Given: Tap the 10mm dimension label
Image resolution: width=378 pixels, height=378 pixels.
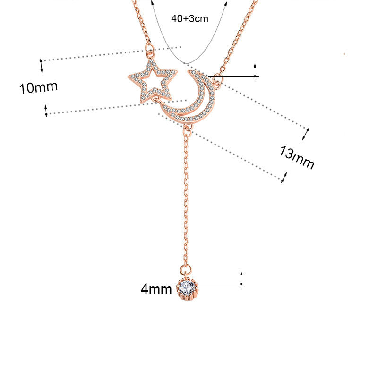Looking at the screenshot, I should (x=38, y=87).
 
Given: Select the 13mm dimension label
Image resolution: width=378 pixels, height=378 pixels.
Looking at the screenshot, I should (x=296, y=157).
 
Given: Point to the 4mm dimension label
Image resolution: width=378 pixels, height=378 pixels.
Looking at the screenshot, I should (x=156, y=289).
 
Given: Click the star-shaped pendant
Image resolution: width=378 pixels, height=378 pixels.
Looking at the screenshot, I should (x=152, y=81).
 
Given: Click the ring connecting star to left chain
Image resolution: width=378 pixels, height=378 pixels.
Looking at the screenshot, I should (x=151, y=48).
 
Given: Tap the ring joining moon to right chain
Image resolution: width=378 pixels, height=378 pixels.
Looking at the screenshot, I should (x=217, y=79).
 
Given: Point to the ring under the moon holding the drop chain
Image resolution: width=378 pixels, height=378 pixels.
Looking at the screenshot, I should (x=188, y=128).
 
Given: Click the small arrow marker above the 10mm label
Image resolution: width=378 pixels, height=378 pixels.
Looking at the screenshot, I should (x=41, y=65).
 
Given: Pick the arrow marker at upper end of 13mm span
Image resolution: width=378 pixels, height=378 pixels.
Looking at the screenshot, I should (x=306, y=133).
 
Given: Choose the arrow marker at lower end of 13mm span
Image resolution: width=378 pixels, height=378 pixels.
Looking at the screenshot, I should (x=283, y=178).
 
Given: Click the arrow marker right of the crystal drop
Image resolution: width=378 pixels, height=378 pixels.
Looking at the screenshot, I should (x=241, y=280).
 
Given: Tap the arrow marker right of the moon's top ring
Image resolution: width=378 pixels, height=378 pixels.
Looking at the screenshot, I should (x=255, y=71).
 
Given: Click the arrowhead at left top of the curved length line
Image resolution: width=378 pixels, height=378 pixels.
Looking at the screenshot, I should (x=153, y=3).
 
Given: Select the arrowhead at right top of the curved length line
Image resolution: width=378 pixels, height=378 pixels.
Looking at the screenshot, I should (x=226, y=4).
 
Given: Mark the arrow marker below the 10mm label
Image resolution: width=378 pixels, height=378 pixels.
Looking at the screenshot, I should (x=46, y=111).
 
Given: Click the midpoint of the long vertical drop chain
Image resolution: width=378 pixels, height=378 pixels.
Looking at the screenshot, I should (x=186, y=198).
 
